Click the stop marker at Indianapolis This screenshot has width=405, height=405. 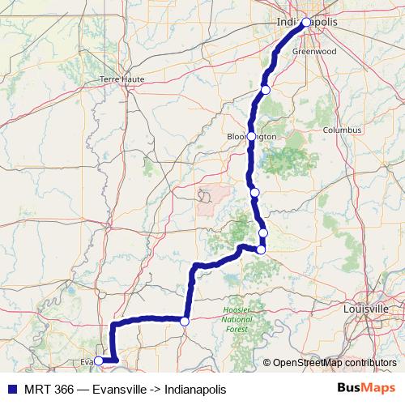[x=306, y=23]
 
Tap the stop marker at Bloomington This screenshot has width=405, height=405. [x=252, y=136]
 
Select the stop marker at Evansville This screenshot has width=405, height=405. [x=99, y=360]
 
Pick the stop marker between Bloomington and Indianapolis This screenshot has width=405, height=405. [x=266, y=89]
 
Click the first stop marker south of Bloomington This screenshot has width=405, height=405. [x=255, y=193]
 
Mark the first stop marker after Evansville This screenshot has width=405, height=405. [x=185, y=322]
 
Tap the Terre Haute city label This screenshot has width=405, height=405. [x=120, y=79]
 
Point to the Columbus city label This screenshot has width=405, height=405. [x=340, y=130]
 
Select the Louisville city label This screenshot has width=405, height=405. [x=367, y=309]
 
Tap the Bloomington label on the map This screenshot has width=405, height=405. [x=252, y=136]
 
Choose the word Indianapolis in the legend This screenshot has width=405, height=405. [x=198, y=389]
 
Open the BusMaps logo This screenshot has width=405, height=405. [x=366, y=388]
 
